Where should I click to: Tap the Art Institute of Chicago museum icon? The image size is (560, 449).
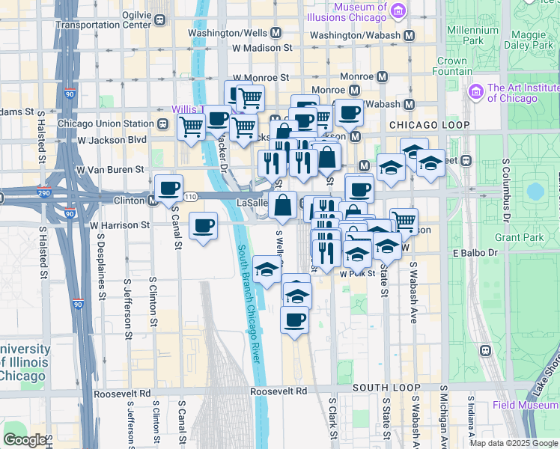474,92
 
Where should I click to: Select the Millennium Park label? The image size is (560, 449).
472,35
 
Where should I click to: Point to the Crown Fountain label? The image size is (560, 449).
451,66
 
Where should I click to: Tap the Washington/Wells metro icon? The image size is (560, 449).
276,33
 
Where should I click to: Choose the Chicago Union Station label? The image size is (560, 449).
106,123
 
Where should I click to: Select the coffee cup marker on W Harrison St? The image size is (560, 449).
204,226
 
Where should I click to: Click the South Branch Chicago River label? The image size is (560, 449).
250,303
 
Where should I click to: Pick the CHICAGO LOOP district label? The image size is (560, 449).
429,125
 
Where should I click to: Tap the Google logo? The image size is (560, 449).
25,439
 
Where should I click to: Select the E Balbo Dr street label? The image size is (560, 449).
475,253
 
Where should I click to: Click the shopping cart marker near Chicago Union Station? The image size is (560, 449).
191,127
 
